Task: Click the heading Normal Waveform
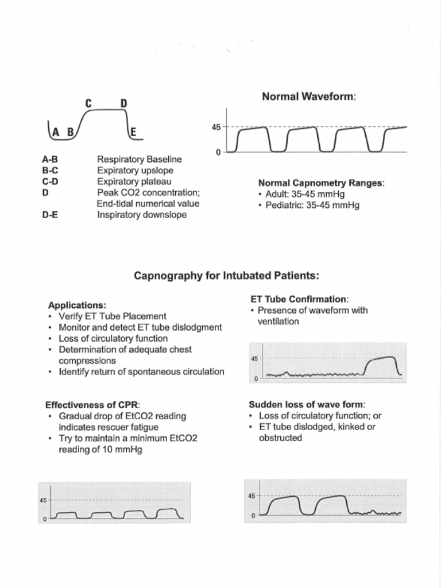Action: pos(309,96)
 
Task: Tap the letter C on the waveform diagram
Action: pos(89,103)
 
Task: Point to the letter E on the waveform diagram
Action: pos(133,132)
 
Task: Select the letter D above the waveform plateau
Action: pos(123,103)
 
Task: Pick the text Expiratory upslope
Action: pos(135,171)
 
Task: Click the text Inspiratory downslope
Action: pos(142,215)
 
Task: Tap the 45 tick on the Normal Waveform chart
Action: pos(216,127)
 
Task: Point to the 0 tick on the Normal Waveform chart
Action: pos(219,152)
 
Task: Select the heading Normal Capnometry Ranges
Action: pos(321,183)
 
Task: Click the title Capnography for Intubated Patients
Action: pos(226,276)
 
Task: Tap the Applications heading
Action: pos(77,305)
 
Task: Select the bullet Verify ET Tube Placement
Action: pos(113,316)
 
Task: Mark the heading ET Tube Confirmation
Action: pos(299,299)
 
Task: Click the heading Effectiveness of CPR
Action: pos(92,404)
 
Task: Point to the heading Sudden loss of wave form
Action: pos(307,404)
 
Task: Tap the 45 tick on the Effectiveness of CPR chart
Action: pos(43,500)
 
